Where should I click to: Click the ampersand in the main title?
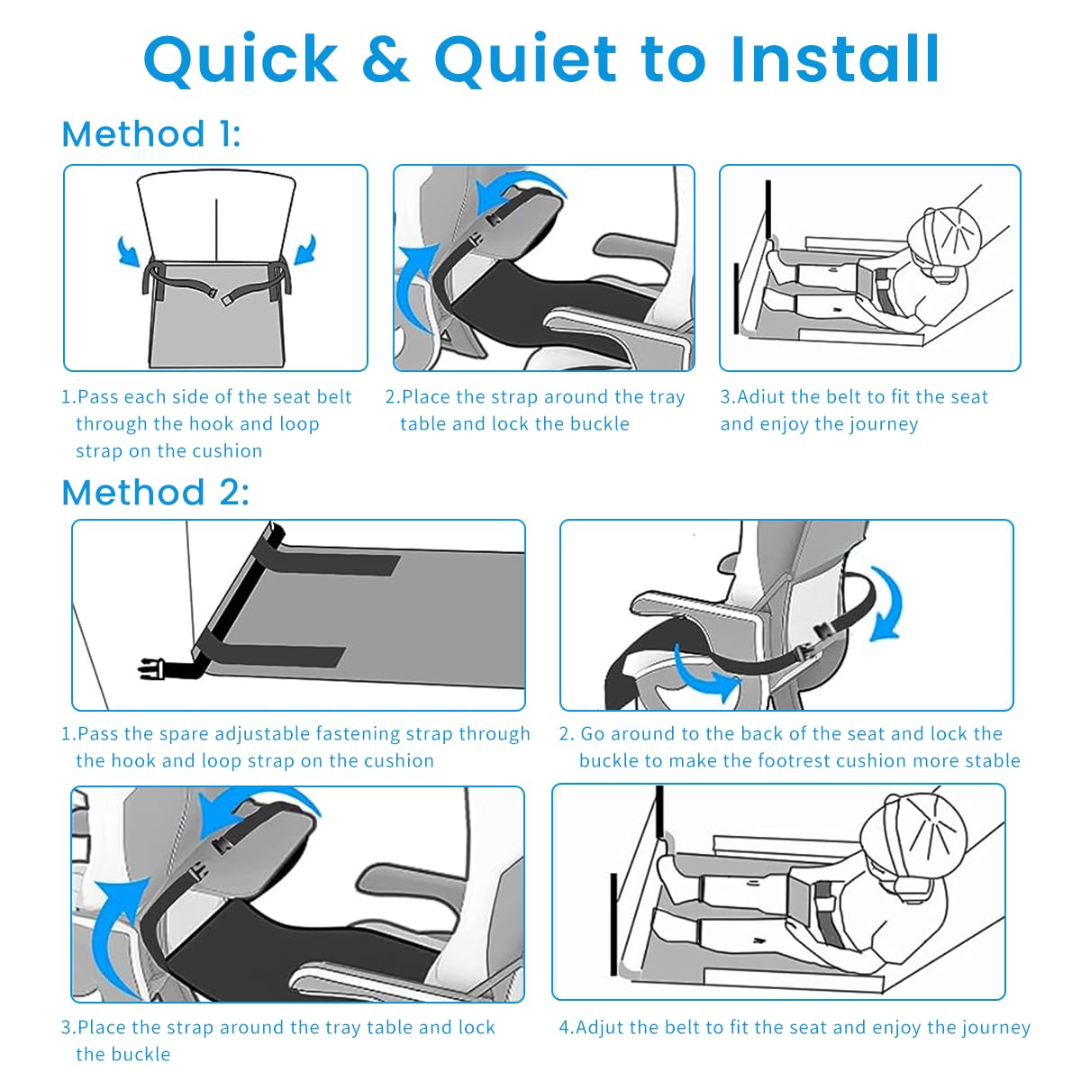click(x=386, y=59)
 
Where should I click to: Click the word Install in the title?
click(x=835, y=59)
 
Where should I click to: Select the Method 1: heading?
click(x=151, y=134)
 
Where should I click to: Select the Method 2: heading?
click(x=155, y=492)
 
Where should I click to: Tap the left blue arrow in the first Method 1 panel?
click(x=129, y=250)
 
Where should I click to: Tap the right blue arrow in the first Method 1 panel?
click(x=305, y=249)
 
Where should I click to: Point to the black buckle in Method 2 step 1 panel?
click(x=151, y=668)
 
